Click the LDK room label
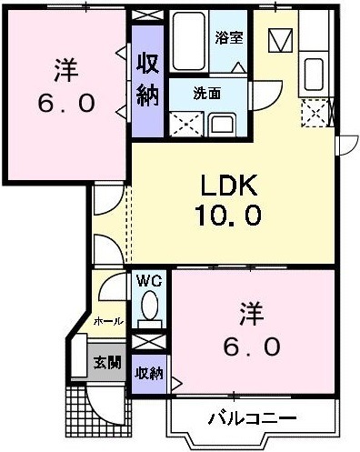[x=229, y=185]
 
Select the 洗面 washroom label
[x=207, y=94]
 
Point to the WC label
[x=149, y=282]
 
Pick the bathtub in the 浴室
[x=189, y=41]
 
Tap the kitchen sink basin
[x=314, y=75]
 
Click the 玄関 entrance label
[x=107, y=362]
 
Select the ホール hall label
[x=109, y=322]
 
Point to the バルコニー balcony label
[x=252, y=418]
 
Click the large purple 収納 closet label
[x=147, y=80]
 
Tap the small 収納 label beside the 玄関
[x=149, y=373]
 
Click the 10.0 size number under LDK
[x=229, y=215]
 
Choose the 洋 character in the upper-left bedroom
[x=66, y=70]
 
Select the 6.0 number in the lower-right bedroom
[x=252, y=347]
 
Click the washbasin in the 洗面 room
[x=223, y=125]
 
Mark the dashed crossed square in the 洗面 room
[x=186, y=124]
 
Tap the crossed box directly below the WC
[x=149, y=342]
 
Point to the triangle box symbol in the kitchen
[x=280, y=41]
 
